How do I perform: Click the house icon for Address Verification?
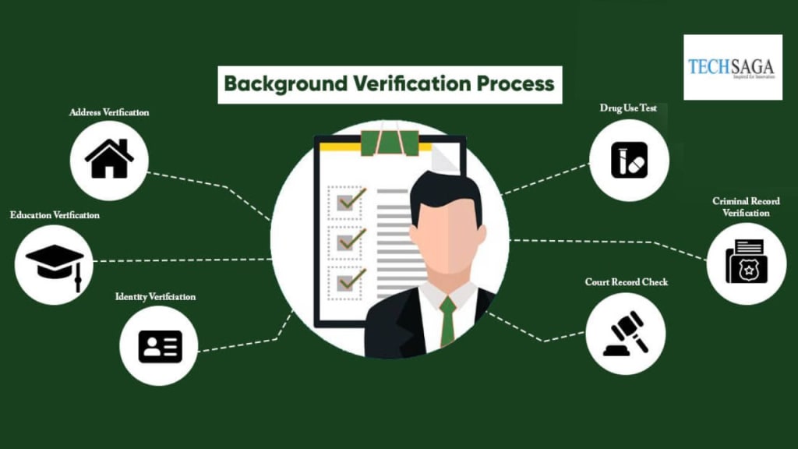109,159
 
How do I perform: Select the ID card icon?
160,346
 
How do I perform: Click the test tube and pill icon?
629,160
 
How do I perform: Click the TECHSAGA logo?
732,67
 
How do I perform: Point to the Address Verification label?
109,112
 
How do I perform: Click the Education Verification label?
55,214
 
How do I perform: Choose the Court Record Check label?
627,281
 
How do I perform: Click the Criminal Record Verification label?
746,207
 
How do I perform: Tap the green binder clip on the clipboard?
389,143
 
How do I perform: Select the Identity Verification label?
155,297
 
